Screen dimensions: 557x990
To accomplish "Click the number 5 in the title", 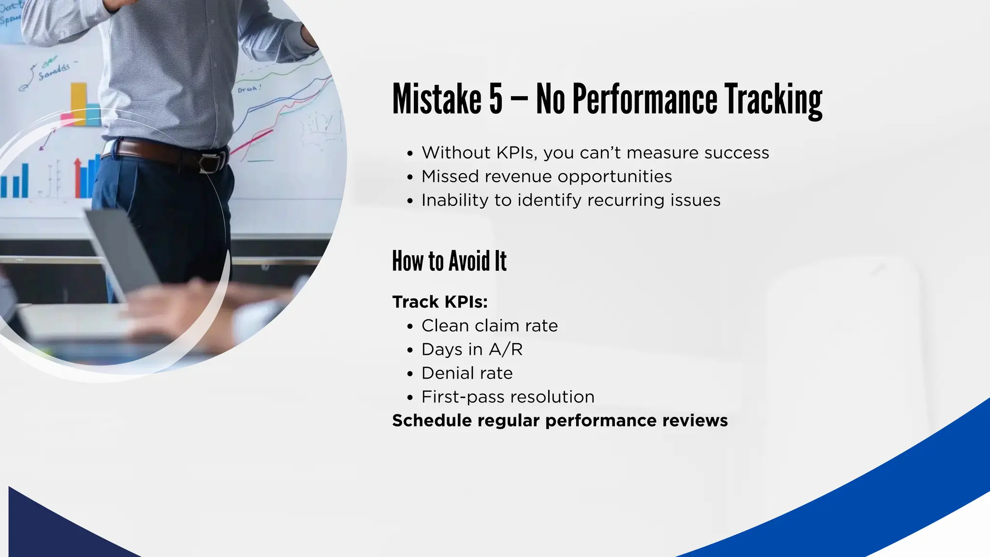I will pos(495,99).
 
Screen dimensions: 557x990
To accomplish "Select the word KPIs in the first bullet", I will pos(516,153).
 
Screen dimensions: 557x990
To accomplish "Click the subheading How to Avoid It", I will pos(449,261).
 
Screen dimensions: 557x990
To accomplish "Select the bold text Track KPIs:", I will pos(440,302).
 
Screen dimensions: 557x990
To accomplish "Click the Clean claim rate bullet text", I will pos(489,325).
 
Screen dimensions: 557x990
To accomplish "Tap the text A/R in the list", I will pos(506,349).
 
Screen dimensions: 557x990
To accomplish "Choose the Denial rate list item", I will pos(467,373).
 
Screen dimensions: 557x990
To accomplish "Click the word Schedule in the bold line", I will pos(432,420).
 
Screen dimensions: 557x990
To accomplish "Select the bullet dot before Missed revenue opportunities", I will pos(410,177).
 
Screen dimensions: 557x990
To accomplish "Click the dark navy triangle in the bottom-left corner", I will pos(44,532).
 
